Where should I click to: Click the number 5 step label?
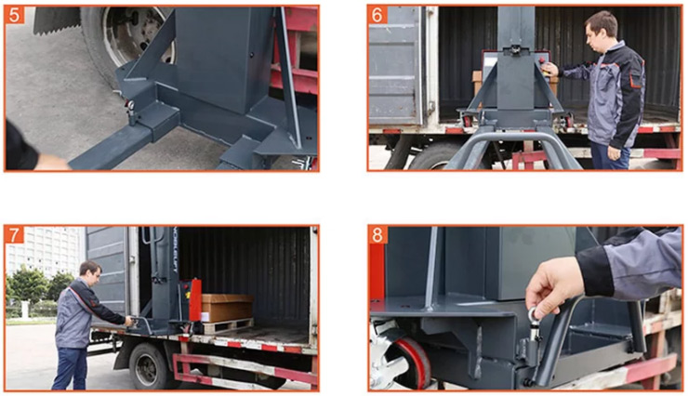15,15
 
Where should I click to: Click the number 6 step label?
377,15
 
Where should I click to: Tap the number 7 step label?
15,235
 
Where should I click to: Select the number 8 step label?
377,235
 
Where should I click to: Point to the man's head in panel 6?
601,27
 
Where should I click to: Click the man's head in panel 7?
90,272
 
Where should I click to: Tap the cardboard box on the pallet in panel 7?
227,307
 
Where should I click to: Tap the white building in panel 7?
44,251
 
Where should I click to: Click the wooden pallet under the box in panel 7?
228,326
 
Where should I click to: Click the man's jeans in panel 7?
71,368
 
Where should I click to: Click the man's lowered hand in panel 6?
614,152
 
